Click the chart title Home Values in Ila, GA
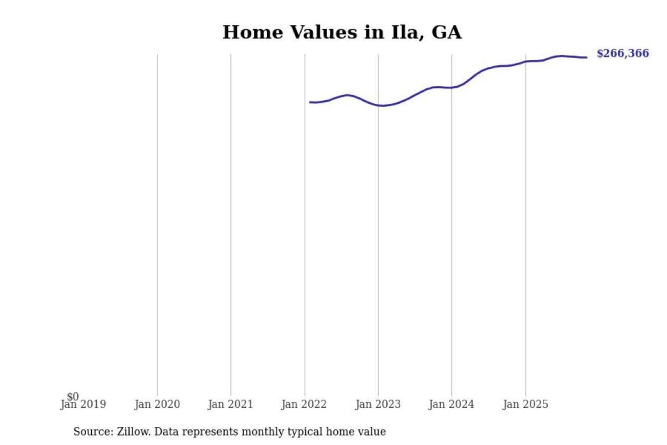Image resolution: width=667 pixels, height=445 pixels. [x=342, y=32]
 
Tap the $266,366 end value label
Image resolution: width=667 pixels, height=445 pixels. [x=623, y=53]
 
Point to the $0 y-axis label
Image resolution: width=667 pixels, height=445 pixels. [x=73, y=396]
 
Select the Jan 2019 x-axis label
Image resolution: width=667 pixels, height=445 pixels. [x=83, y=405]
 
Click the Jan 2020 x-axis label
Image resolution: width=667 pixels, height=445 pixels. [x=157, y=405]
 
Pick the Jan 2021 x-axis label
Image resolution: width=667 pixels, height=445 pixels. [x=230, y=405]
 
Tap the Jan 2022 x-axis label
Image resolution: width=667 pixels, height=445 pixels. [x=304, y=405]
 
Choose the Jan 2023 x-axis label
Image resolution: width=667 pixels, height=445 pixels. [x=378, y=405]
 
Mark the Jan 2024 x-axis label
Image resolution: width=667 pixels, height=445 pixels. [x=451, y=405]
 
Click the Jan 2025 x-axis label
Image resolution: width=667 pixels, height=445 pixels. [x=525, y=405]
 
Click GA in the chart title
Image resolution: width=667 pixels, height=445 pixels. [x=447, y=32]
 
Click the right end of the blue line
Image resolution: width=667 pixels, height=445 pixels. [x=586, y=57]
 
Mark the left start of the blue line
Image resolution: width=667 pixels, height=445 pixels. [x=310, y=102]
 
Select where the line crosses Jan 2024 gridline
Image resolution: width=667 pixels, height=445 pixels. [x=452, y=88]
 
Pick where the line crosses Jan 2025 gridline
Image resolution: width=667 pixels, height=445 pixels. [x=525, y=61]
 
